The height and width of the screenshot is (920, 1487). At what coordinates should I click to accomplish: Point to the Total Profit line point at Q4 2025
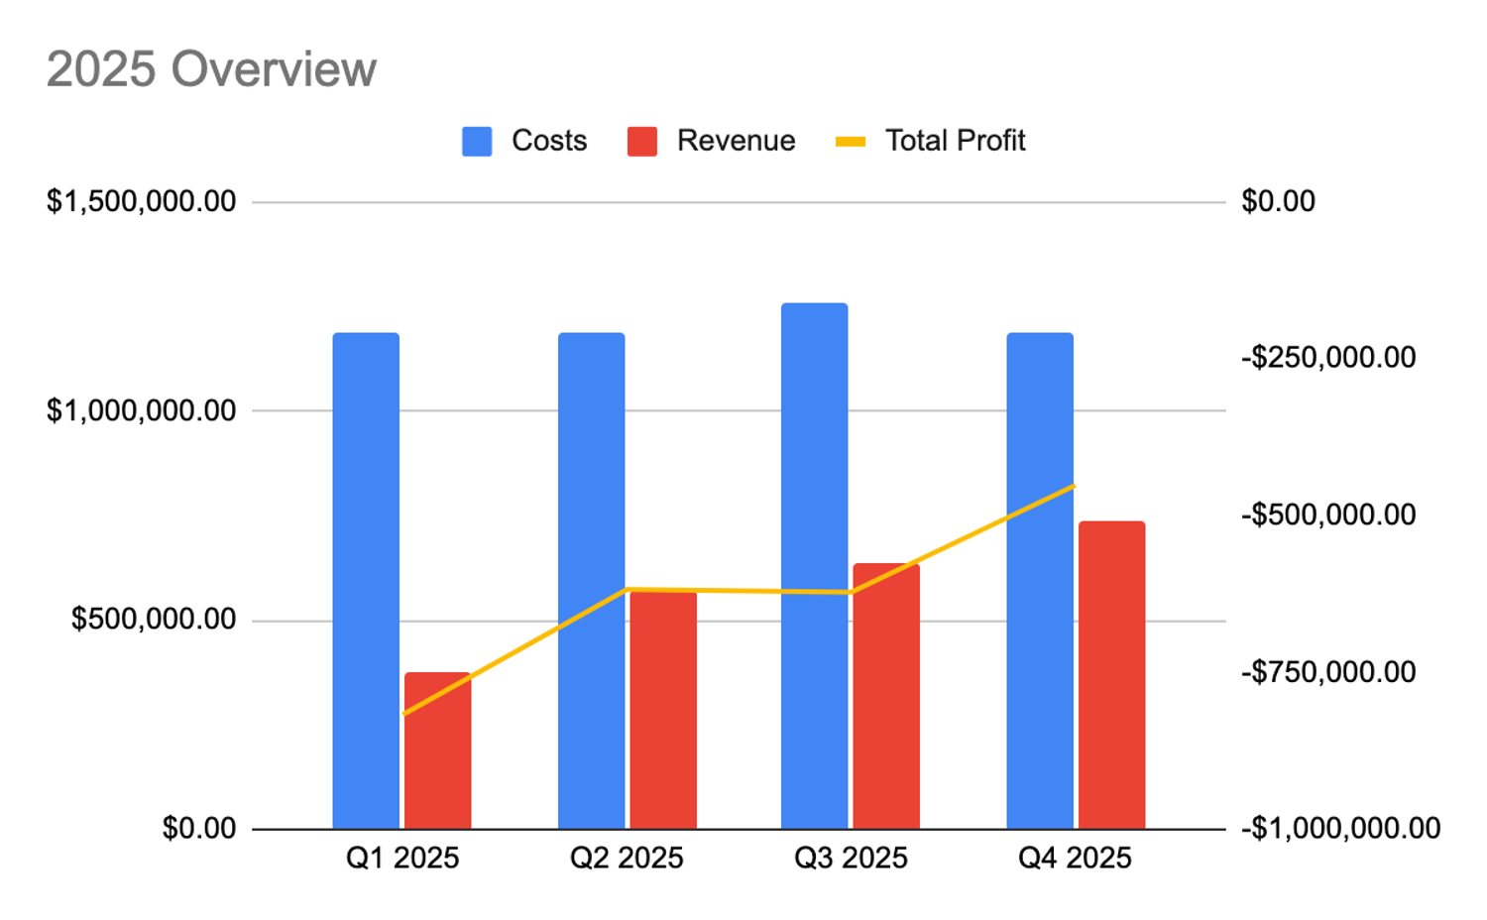1074,486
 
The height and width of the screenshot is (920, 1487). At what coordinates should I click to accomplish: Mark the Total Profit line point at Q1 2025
403,714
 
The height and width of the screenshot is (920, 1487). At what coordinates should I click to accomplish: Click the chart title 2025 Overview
211,69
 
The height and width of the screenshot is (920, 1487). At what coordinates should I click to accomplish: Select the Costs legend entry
525,141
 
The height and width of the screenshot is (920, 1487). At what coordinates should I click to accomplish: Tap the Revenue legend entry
712,141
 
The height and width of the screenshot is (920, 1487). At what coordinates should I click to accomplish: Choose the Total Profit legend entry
930,141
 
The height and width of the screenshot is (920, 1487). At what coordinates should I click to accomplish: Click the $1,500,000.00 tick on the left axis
141,201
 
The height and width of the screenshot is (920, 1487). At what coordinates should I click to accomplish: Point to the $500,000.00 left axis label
153,620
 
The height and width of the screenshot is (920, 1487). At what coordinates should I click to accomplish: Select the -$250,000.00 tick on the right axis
1328,357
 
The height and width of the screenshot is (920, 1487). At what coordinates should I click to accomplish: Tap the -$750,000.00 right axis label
1328,671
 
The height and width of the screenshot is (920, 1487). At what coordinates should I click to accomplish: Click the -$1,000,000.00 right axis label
1340,828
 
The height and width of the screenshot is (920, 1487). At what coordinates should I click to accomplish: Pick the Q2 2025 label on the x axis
627,858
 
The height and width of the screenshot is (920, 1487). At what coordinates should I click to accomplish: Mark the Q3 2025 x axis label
851,858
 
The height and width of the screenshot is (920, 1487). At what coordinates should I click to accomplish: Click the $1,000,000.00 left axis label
141,409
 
